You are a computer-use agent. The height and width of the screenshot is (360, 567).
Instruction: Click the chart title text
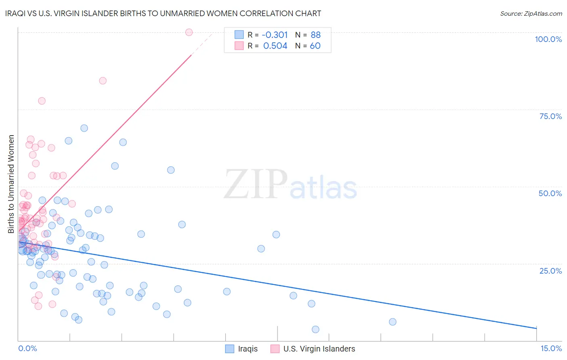pyautogui.click(x=163, y=13)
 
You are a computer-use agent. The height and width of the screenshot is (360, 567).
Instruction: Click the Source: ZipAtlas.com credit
pyautogui.click(x=531, y=13)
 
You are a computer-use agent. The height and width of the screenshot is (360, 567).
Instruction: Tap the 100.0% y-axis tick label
pyautogui.click(x=548, y=39)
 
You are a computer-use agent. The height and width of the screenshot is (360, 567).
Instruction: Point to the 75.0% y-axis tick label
pyautogui.click(x=550, y=116)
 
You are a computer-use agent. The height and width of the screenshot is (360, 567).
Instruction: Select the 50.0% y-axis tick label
pyautogui.click(x=550, y=193)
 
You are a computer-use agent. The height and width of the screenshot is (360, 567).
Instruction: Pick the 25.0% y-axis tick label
pyautogui.click(x=550, y=271)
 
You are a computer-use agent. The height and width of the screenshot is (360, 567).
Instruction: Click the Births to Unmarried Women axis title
pyautogui.click(x=11, y=184)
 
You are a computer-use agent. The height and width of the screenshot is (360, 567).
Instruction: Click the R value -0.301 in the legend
pyautogui.click(x=275, y=35)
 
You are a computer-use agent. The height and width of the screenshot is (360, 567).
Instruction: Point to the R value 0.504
pyautogui.click(x=275, y=46)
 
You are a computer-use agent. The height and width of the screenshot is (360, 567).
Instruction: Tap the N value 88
pyautogui.click(x=315, y=35)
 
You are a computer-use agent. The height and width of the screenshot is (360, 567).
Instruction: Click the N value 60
pyautogui.click(x=315, y=46)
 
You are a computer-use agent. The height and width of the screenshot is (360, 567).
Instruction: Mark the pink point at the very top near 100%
pyautogui.click(x=189, y=32)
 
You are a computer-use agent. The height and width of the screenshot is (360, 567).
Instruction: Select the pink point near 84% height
pyautogui.click(x=103, y=81)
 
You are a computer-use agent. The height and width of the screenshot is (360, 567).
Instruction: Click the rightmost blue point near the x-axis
pyautogui.click(x=392, y=322)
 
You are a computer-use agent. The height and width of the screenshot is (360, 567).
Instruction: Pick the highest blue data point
pyautogui.click(x=84, y=128)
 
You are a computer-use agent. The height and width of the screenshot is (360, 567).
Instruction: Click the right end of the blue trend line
pyautogui.click(x=536, y=329)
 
